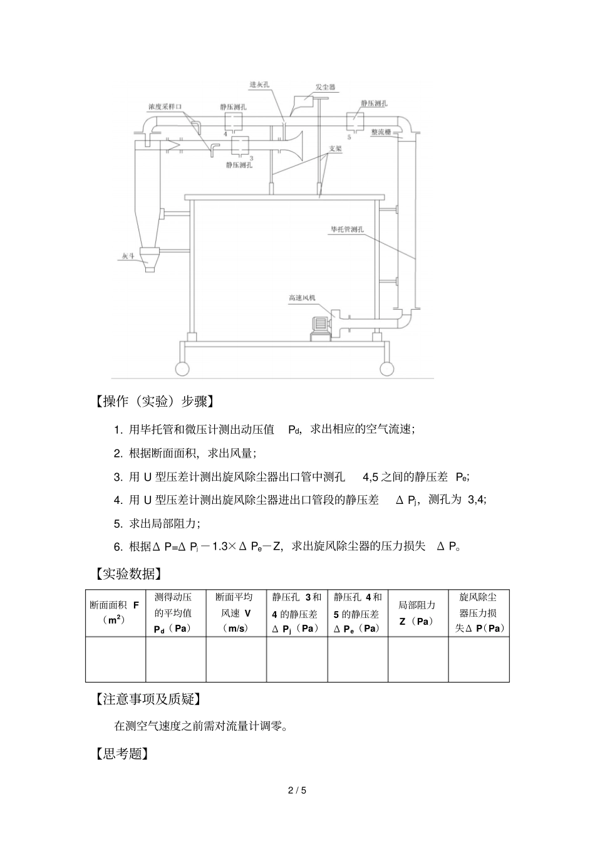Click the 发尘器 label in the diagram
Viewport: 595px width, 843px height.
point(326,88)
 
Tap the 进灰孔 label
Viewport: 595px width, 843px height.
point(259,84)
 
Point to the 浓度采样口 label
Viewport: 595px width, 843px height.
point(164,107)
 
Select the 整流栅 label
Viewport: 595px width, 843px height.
point(381,132)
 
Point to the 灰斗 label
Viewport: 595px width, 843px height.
point(129,256)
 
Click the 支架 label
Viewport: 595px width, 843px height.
point(336,149)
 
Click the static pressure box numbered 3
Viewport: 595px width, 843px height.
point(241,146)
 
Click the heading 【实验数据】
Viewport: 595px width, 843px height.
point(128,573)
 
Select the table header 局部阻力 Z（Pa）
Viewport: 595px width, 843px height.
point(417,613)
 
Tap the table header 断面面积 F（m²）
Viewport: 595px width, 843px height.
point(115,612)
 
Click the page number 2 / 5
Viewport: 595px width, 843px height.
point(297,790)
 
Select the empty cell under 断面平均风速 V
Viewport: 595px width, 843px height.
point(236,659)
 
